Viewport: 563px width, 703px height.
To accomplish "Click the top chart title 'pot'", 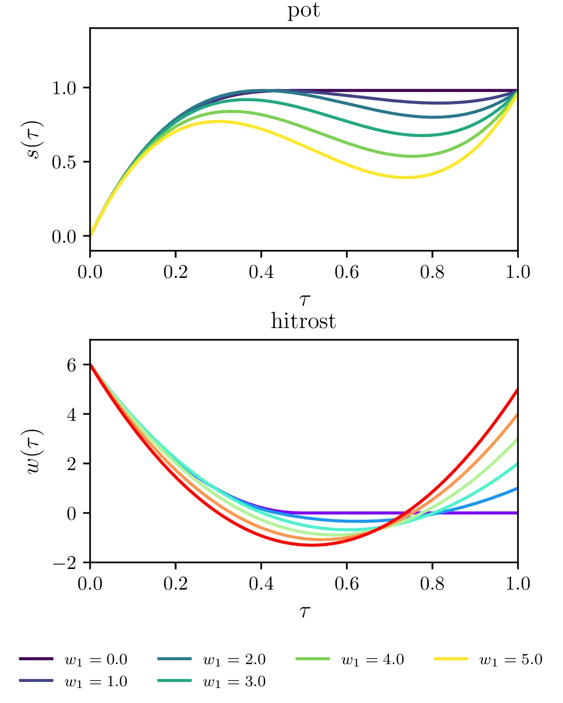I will point(304,10).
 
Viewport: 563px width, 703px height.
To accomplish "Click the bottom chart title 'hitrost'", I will point(304,322).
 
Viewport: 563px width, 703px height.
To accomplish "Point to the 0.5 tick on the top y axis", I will point(64,162).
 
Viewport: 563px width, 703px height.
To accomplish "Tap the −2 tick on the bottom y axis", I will point(65,563).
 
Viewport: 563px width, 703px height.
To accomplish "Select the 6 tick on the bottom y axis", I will point(71,365).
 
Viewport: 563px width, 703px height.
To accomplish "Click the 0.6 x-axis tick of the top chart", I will point(346,272).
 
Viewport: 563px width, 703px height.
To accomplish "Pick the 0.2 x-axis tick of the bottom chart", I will point(175,583).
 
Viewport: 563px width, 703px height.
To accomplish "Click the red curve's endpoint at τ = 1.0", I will point(517,389).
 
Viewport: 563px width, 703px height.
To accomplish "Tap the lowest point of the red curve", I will point(312,545).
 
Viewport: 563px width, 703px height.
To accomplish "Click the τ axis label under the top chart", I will point(304,299).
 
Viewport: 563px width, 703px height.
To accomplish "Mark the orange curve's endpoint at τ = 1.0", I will point(517,414).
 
